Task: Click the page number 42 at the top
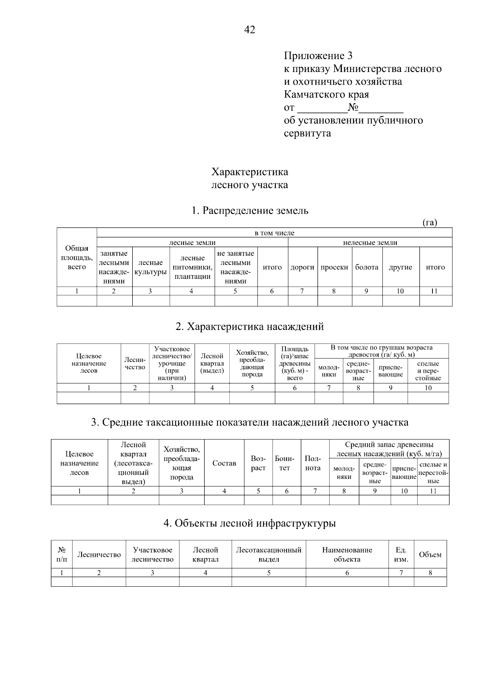250,30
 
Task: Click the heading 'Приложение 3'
318,55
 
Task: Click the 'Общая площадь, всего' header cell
77,258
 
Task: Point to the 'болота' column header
366,267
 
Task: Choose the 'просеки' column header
334,267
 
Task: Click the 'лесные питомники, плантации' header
192,267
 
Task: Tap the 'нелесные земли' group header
370,242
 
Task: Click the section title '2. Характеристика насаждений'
250,327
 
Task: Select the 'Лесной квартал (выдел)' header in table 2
212,363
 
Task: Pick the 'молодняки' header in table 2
329,371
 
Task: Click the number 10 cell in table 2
428,388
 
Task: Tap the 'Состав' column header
224,463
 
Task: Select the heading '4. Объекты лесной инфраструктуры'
250,523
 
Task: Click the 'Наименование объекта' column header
347,554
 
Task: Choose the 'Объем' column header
430,554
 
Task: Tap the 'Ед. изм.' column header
401,554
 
